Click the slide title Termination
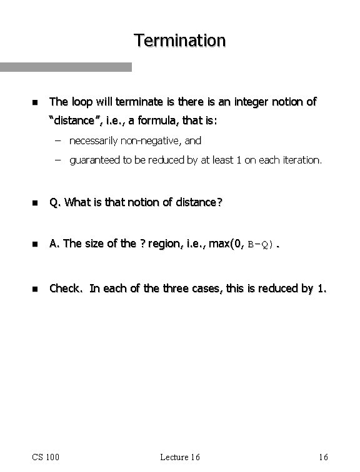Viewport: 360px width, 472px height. [x=179, y=41]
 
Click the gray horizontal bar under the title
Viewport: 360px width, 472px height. [x=66, y=67]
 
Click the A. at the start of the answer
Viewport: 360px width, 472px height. [x=55, y=243]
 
